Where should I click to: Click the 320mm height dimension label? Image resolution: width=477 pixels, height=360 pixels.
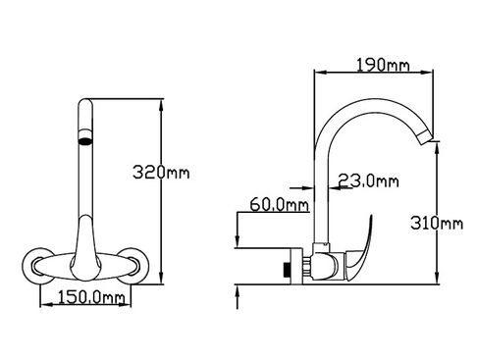[161, 172]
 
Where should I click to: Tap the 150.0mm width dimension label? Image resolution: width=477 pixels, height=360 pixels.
[91, 297]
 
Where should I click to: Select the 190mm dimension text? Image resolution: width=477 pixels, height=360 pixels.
[383, 65]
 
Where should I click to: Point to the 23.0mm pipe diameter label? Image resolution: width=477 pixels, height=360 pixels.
[368, 180]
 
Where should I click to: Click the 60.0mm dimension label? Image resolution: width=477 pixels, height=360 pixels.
[279, 205]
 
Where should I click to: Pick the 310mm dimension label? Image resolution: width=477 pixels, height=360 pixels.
[437, 224]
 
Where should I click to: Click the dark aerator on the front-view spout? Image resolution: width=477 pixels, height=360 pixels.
[85, 141]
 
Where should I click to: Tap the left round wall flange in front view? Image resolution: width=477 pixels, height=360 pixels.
[36, 266]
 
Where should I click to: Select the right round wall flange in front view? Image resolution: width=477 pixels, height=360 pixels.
[133, 266]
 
